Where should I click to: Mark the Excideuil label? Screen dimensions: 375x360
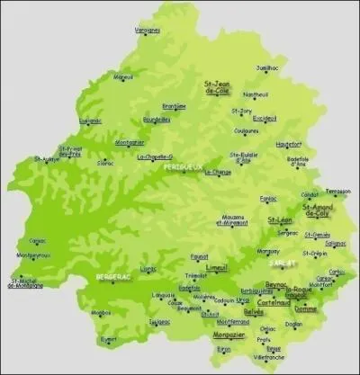pos(265,118)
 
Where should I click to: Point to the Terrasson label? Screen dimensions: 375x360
pos(338,191)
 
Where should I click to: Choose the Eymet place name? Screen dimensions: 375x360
pos(110,339)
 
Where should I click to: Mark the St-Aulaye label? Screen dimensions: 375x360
pos(47,159)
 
